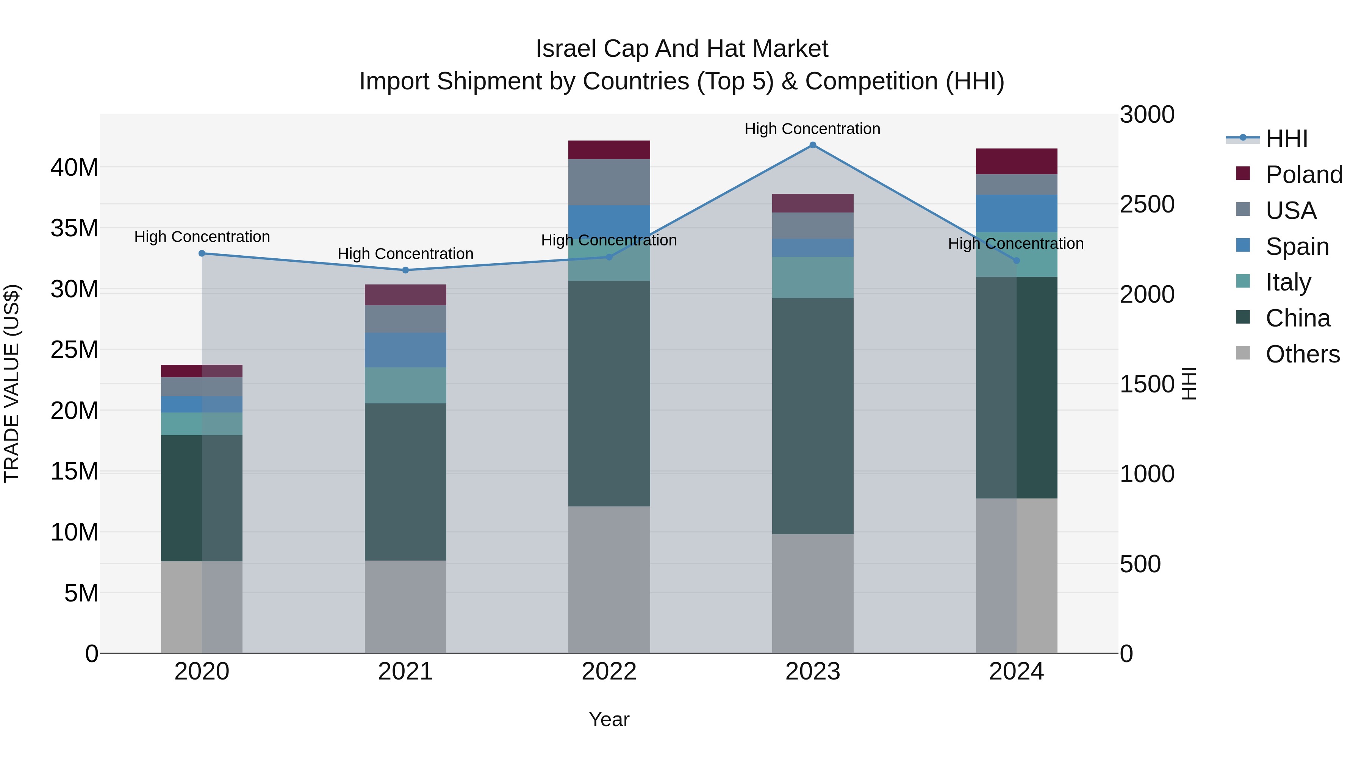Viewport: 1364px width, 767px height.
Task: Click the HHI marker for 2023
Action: pos(813,145)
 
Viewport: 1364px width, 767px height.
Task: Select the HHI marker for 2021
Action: pos(405,270)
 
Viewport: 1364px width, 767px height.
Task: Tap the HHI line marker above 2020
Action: pos(202,253)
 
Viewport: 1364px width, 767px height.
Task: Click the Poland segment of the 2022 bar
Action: pos(609,150)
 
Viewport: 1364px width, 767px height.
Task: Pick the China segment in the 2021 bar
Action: pos(405,482)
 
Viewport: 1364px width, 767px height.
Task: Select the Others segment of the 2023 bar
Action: pos(813,594)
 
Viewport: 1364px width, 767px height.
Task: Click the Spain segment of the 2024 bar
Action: pos(1016,213)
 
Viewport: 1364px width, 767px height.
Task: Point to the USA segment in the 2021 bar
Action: pos(405,319)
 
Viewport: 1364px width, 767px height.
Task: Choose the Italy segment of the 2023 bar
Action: pos(813,277)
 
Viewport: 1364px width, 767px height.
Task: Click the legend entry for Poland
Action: pos(1304,175)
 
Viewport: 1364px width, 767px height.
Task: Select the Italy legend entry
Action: pos(1288,282)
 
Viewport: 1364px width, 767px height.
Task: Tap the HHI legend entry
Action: pos(1286,139)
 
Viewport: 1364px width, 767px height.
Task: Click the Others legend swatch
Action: pos(1243,353)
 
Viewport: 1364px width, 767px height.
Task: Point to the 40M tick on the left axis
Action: pos(74,168)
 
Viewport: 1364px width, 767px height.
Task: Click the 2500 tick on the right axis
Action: pos(1147,204)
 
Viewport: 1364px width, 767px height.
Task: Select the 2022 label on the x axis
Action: pos(609,672)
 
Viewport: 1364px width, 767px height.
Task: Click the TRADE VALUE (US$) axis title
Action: pos(12,383)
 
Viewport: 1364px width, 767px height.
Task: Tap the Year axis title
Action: pos(609,719)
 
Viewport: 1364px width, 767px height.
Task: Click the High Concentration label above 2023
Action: pos(812,129)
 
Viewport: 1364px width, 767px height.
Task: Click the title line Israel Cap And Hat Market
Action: pos(682,49)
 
